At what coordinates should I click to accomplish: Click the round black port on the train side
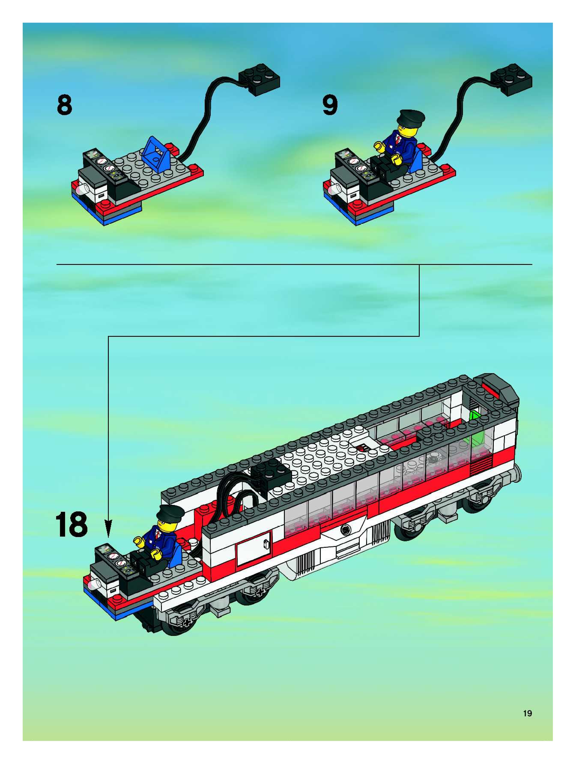click(x=345, y=530)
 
